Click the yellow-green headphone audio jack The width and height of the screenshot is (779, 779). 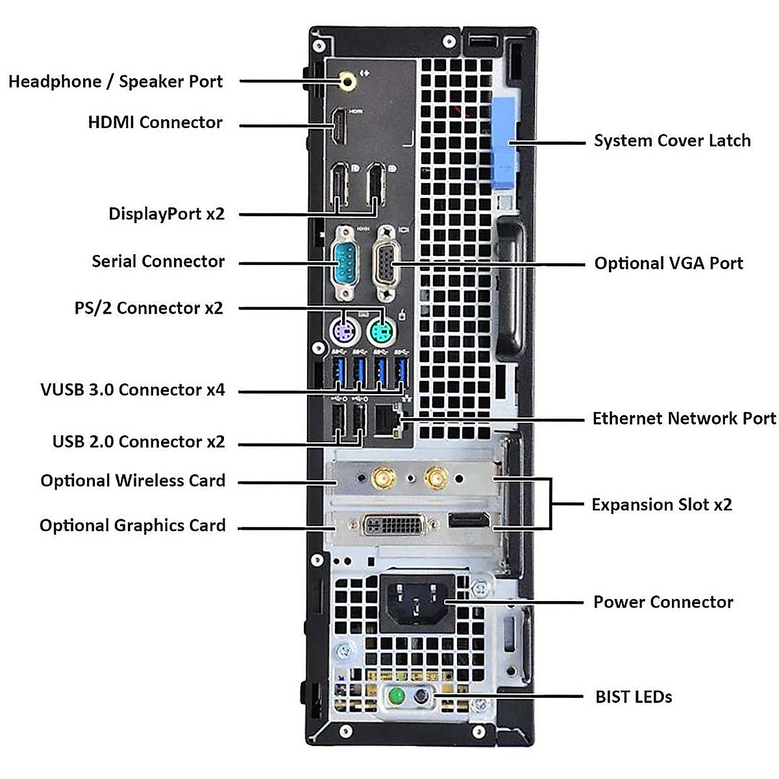[349, 81]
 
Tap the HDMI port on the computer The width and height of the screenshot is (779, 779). [339, 127]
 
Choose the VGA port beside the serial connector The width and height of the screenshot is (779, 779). [386, 263]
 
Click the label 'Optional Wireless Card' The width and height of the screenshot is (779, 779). [133, 481]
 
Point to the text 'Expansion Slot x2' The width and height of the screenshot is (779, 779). [662, 504]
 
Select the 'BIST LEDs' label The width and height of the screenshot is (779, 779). [634, 697]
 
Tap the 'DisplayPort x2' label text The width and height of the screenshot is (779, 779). [166, 214]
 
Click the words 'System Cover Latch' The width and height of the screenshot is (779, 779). [672, 141]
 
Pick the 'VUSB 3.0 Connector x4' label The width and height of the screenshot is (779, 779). [132, 389]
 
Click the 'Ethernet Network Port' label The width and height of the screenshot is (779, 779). [684, 418]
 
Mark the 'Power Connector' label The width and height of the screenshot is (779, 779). [663, 602]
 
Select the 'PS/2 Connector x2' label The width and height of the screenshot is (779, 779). [149, 308]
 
